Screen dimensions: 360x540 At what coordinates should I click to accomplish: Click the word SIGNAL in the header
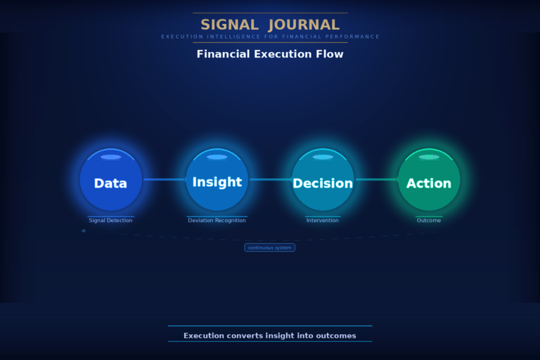pyautogui.click(x=229, y=25)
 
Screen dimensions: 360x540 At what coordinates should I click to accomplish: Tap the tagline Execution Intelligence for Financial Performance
pyautogui.click(x=270, y=37)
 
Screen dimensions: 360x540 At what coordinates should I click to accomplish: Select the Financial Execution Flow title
pyautogui.click(x=270, y=54)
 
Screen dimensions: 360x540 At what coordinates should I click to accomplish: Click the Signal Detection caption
pyautogui.click(x=110, y=220)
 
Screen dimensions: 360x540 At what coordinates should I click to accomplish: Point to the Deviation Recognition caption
pyautogui.click(x=217, y=220)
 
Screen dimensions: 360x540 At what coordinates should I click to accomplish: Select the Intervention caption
pyautogui.click(x=323, y=220)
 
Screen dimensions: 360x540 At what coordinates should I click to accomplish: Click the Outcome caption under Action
pyautogui.click(x=429, y=220)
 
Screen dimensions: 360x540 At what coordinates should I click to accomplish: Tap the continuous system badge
pyautogui.click(x=269, y=247)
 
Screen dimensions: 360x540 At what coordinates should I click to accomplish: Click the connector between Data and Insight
pyautogui.click(x=164, y=179)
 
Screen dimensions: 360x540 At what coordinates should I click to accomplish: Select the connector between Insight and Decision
pyautogui.click(x=270, y=179)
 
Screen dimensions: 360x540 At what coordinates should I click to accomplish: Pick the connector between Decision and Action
pyautogui.click(x=376, y=179)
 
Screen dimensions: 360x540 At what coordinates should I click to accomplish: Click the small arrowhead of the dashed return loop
pyautogui.click(x=83, y=231)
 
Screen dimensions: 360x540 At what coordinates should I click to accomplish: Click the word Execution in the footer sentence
pyautogui.click(x=204, y=335)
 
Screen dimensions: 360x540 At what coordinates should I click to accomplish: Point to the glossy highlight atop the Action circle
pyautogui.click(x=429, y=157)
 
